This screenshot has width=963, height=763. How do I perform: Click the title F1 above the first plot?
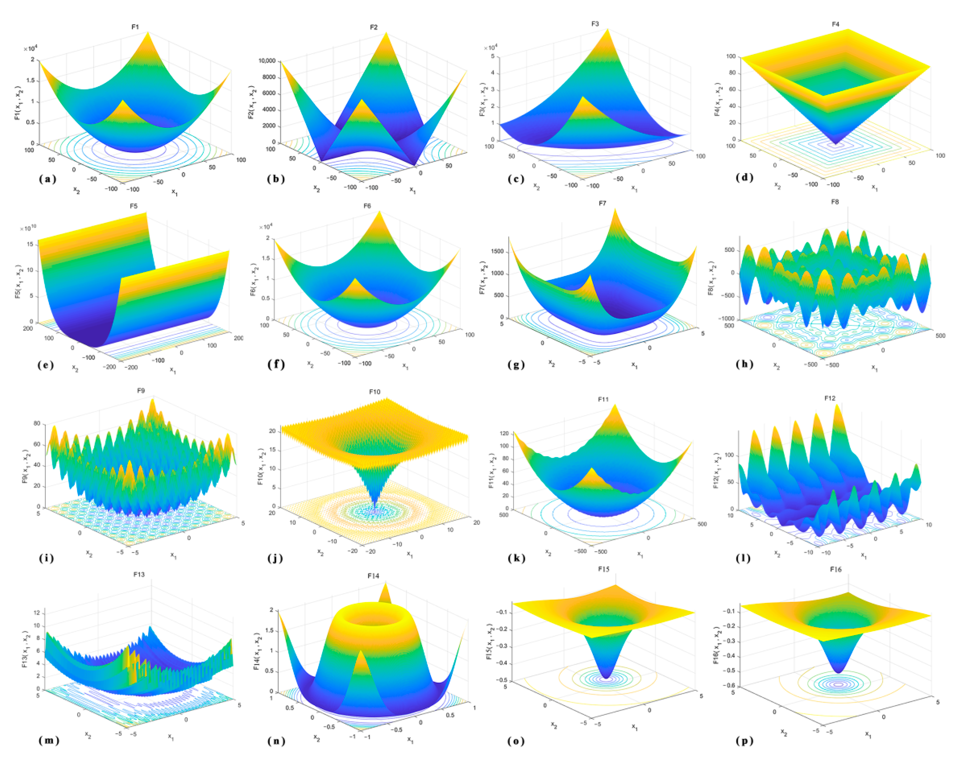(x=135, y=27)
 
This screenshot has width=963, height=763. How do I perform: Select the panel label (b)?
(x=276, y=179)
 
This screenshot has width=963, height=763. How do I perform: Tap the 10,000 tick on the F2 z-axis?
(x=267, y=61)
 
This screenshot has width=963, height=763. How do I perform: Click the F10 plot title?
(x=374, y=392)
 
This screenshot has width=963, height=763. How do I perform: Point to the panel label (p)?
(x=744, y=741)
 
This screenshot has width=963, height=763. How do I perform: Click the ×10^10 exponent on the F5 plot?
(x=28, y=228)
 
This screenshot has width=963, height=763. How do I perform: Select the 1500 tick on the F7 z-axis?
(x=497, y=251)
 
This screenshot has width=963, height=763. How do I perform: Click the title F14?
(x=373, y=576)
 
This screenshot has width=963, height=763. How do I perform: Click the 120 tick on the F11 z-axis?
(x=504, y=433)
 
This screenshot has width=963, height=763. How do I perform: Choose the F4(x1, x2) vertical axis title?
(x=717, y=99)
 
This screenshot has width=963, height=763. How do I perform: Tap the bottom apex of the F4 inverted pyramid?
(x=835, y=144)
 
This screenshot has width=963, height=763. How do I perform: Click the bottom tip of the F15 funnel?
(x=606, y=678)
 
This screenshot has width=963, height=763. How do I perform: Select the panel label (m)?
(x=49, y=740)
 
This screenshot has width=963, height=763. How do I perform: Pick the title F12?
(x=829, y=398)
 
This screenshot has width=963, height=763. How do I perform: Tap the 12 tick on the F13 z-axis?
(x=37, y=613)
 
